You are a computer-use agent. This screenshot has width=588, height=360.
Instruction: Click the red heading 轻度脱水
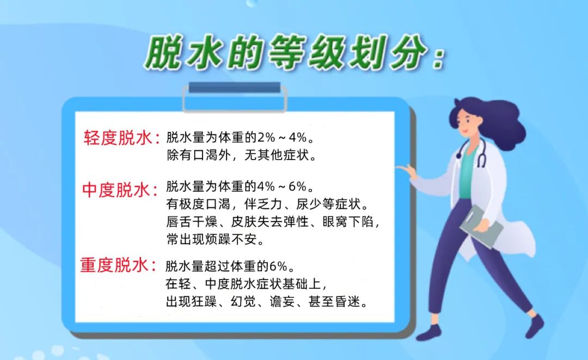coord(118,138)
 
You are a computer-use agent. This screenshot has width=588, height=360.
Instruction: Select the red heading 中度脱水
coord(116,190)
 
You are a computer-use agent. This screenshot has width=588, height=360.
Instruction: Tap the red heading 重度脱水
coord(114,265)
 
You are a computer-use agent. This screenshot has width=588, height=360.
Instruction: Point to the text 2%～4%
coord(283,138)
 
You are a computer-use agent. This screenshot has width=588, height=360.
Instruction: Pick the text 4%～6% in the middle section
coord(283,186)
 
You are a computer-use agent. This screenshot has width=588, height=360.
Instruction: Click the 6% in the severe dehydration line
coord(278,266)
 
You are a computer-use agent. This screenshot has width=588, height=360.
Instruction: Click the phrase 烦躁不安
coord(231,239)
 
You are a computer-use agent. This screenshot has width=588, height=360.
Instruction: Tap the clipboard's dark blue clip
coord(234,87)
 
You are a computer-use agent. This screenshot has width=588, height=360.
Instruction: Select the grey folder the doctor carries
coord(481,227)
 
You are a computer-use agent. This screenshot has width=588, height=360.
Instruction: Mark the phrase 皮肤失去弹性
coord(269,222)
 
